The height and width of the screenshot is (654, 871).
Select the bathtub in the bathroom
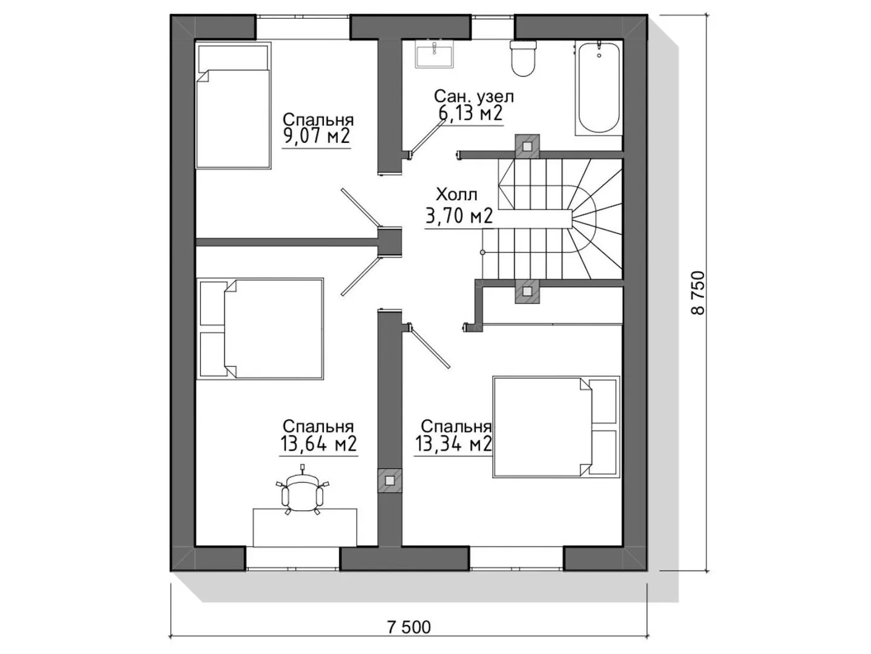[599, 88]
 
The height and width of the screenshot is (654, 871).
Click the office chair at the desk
[302, 492]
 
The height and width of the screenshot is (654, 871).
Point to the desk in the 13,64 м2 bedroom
[304, 527]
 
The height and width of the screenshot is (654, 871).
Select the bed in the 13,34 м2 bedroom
[556, 427]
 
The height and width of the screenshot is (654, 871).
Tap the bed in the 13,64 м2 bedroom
[260, 329]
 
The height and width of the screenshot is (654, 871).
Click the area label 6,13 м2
[471, 113]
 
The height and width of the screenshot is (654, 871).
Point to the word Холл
[457, 195]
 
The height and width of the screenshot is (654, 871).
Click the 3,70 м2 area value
[459, 216]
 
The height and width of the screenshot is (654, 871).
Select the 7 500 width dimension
[409, 627]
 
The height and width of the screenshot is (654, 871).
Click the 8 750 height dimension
[698, 293]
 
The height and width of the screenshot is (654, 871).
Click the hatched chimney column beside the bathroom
[527, 147]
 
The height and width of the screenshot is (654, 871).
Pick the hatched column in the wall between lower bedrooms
[390, 481]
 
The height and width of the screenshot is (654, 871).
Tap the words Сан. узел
[474, 96]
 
